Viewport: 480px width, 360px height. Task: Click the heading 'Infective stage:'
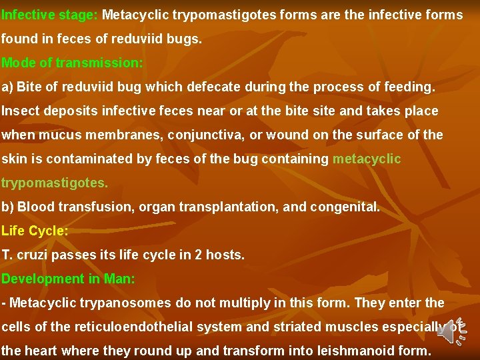[51, 14]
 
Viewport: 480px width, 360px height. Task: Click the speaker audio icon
[456, 330]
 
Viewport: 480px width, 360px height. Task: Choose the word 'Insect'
[19, 111]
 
